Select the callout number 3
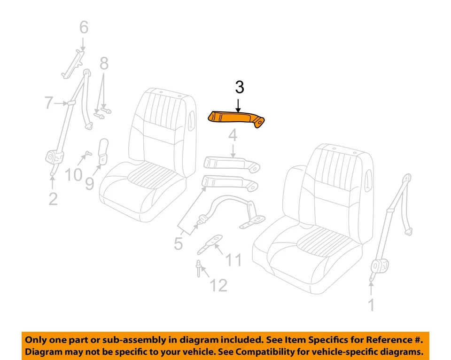(x=239, y=87)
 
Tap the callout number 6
(x=83, y=28)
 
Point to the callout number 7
(x=49, y=103)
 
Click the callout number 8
(x=104, y=63)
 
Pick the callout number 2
(x=53, y=199)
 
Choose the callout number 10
(x=73, y=175)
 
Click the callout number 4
(x=233, y=136)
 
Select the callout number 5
(x=178, y=243)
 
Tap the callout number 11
(x=233, y=259)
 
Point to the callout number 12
(x=218, y=285)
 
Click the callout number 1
(x=371, y=305)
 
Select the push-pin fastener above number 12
(x=200, y=267)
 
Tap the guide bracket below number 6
(x=72, y=64)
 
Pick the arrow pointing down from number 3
(x=239, y=104)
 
